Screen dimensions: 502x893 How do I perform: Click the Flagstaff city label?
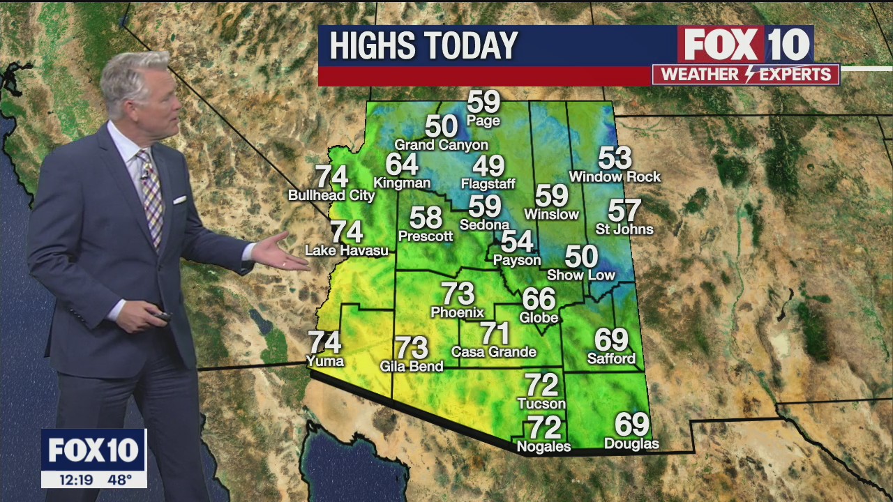coord(488,185)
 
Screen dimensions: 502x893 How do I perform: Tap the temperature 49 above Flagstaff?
coord(488,166)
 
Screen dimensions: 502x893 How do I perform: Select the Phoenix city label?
coord(457,312)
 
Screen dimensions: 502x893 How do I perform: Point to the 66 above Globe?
coord(539,299)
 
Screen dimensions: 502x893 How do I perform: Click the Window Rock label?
coord(615,177)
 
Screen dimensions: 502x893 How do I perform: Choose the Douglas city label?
coord(631,444)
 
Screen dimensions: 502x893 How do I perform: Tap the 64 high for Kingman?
coord(402,165)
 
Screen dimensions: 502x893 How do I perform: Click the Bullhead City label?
coord(331,196)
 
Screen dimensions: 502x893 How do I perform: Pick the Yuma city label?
coord(325,361)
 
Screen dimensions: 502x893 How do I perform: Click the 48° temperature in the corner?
coord(119,480)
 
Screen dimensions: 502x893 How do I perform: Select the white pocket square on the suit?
coord(179,200)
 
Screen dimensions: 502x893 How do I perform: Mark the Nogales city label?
coord(543,447)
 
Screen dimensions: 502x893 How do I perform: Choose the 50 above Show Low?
coord(580,257)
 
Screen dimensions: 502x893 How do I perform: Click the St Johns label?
coord(624,229)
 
